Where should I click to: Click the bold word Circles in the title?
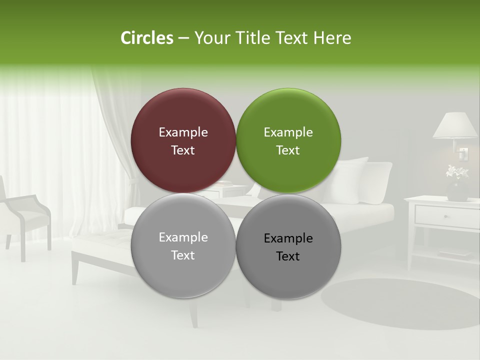147,38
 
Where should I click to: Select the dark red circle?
183,140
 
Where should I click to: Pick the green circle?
288,140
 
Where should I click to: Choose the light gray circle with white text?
183,245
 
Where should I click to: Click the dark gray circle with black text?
288,246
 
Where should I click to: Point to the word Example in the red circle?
183,132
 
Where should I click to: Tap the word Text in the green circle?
288,150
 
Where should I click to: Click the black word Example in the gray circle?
288,238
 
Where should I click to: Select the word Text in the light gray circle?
183,255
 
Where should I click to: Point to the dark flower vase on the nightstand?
457,191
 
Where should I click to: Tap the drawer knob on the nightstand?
445,216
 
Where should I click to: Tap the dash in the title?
183,38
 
